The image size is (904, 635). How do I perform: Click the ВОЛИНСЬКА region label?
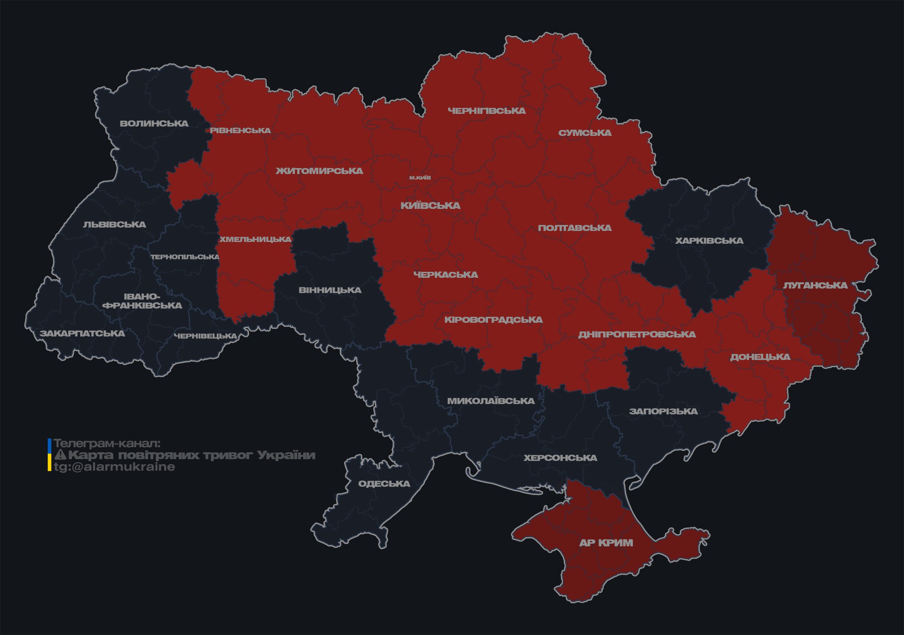pyautogui.click(x=154, y=124)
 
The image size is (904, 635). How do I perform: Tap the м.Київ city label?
pyautogui.click(x=420, y=178)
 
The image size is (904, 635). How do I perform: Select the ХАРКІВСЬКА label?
pyautogui.click(x=709, y=241)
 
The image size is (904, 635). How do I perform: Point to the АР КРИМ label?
pyautogui.click(x=606, y=543)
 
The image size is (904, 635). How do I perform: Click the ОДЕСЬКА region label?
pyautogui.click(x=384, y=483)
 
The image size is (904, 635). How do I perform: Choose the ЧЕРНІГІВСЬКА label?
pyautogui.click(x=487, y=111)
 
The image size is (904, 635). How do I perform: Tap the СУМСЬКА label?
pyautogui.click(x=585, y=133)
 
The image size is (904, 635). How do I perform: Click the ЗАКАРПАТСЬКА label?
pyautogui.click(x=82, y=333)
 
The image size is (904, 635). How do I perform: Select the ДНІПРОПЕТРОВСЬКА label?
pyautogui.click(x=637, y=334)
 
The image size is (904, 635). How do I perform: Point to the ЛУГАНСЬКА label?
pyautogui.click(x=815, y=285)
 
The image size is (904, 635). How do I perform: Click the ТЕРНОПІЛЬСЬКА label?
pyautogui.click(x=185, y=257)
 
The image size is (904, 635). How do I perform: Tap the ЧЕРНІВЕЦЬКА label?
pyautogui.click(x=205, y=336)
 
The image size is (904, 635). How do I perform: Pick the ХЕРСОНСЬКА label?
pyautogui.click(x=560, y=458)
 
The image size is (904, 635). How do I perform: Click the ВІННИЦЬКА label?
pyautogui.click(x=330, y=290)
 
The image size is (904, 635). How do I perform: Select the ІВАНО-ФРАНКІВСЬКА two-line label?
pyautogui.click(x=142, y=301)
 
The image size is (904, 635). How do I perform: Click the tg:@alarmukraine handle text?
pyautogui.click(x=114, y=467)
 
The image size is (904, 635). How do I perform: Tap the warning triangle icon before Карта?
pyautogui.click(x=60, y=455)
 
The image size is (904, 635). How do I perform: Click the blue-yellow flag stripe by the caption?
pyautogui.click(x=50, y=455)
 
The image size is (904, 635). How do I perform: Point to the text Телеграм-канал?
pyautogui.click(x=107, y=443)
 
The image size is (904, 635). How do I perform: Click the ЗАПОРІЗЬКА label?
pyautogui.click(x=663, y=411)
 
